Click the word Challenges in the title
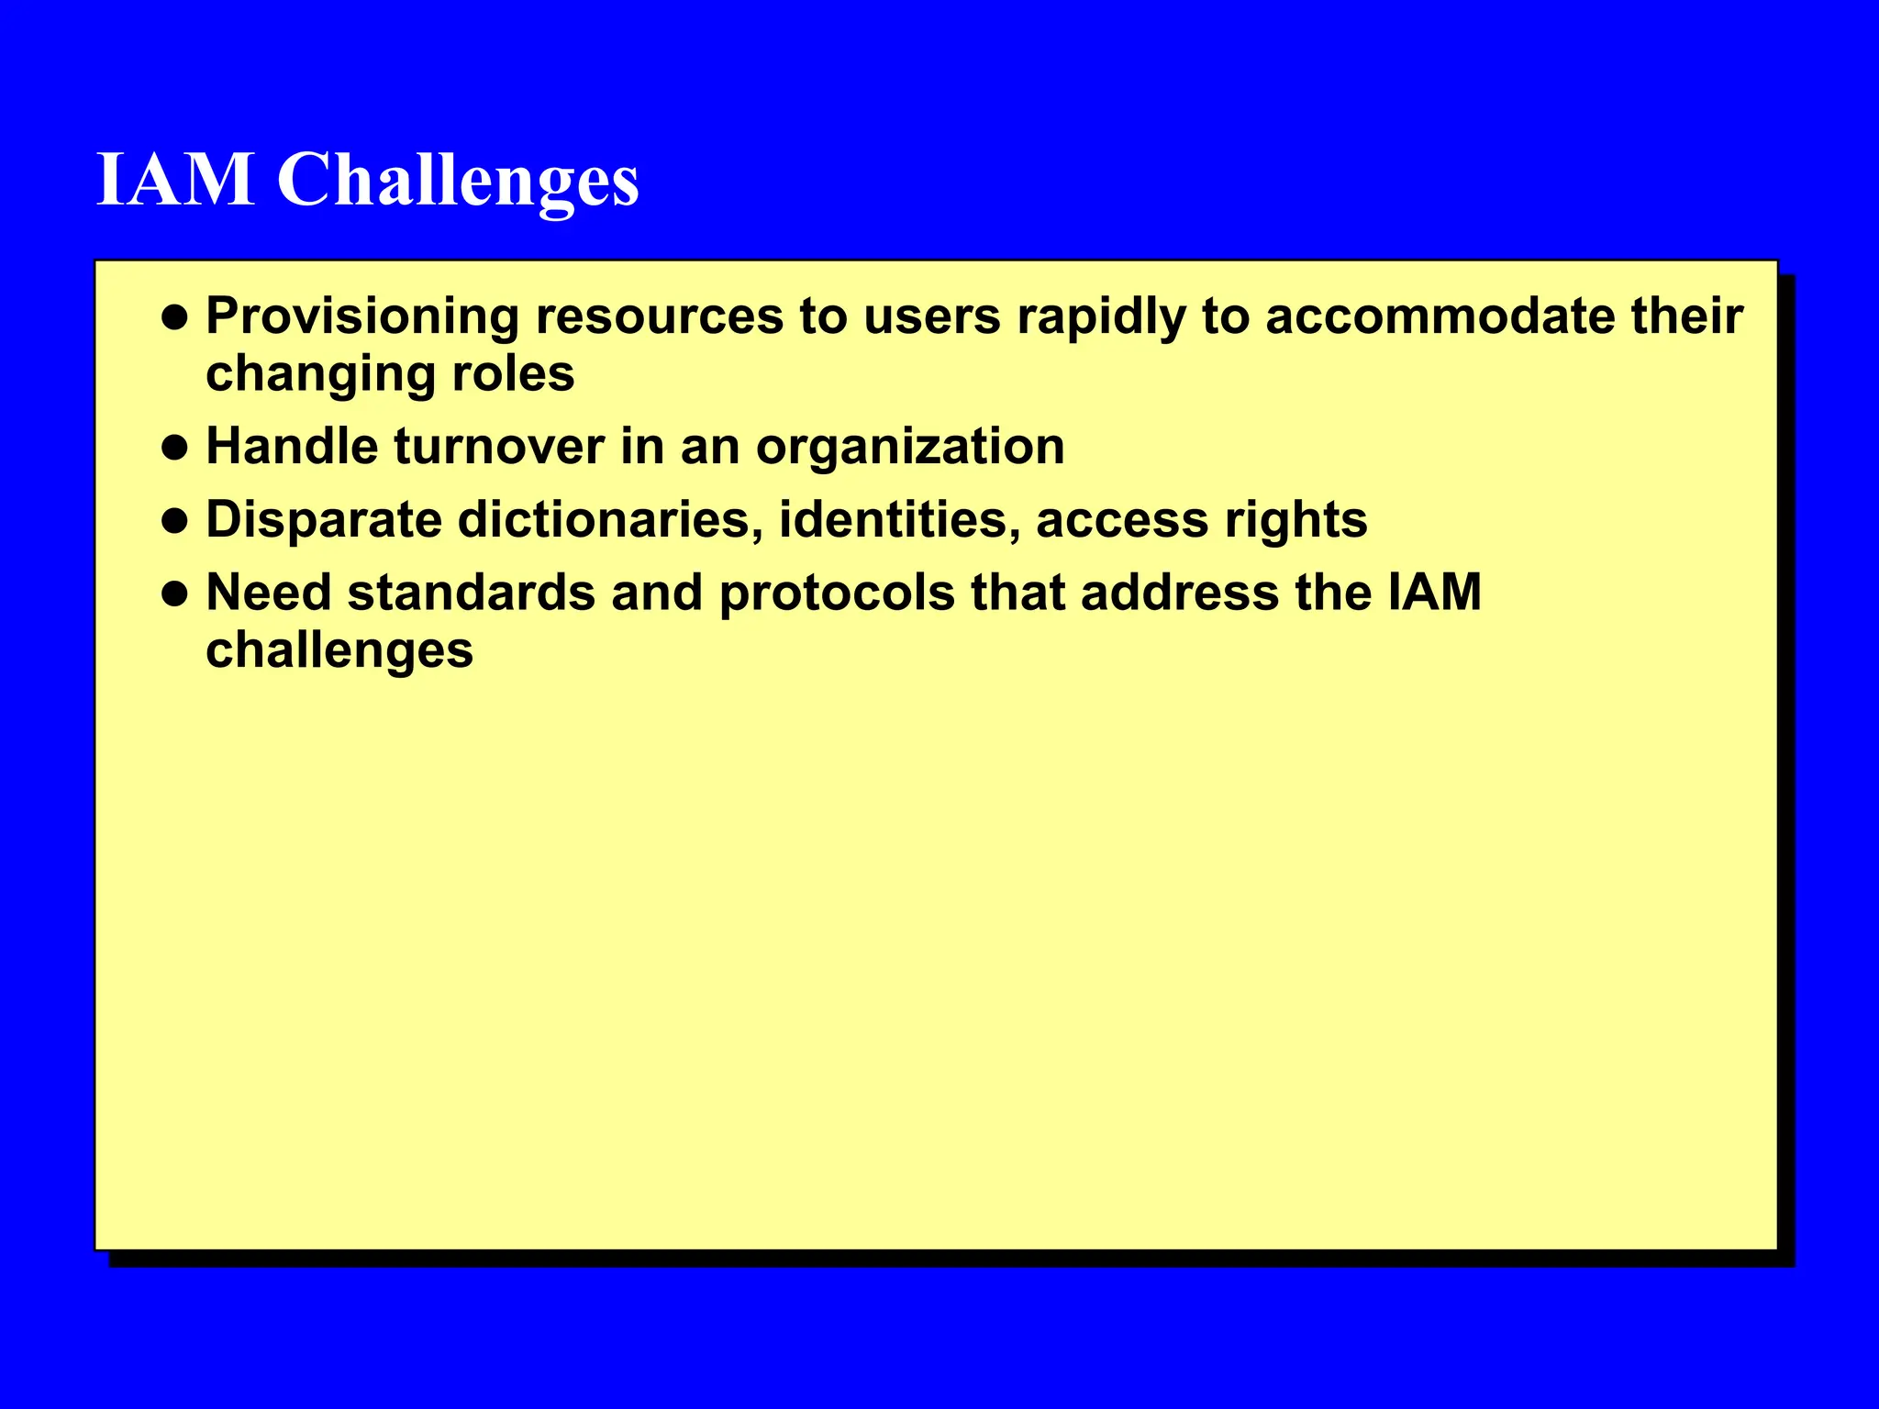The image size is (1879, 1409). click(458, 181)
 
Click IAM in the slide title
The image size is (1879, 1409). click(175, 179)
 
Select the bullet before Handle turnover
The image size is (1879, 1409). click(174, 448)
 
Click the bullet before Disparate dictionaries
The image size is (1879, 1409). click(174, 521)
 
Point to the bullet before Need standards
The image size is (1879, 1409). click(174, 594)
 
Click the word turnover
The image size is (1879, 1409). click(499, 447)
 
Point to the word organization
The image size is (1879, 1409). click(909, 449)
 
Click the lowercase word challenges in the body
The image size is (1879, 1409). click(339, 651)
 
